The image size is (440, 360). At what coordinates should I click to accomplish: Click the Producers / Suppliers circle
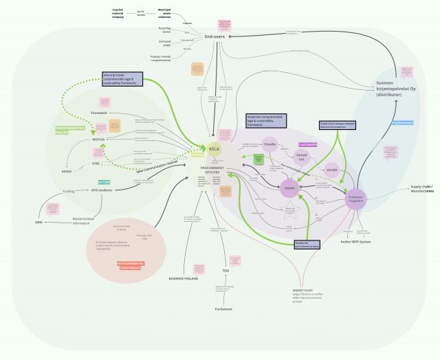(357, 198)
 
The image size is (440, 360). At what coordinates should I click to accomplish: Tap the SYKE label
(97, 164)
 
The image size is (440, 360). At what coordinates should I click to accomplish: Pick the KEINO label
(67, 171)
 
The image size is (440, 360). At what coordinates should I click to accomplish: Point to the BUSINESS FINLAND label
(184, 279)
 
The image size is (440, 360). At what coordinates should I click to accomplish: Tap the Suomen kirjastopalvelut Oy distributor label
(397, 89)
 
